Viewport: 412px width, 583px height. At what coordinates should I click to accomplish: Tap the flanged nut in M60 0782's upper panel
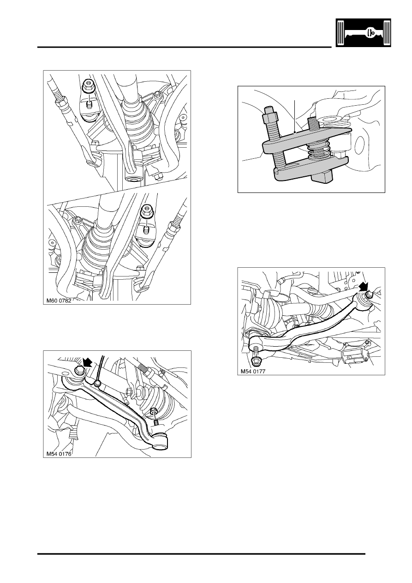tap(87, 86)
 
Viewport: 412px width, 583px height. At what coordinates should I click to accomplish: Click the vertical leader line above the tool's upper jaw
tap(293, 115)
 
